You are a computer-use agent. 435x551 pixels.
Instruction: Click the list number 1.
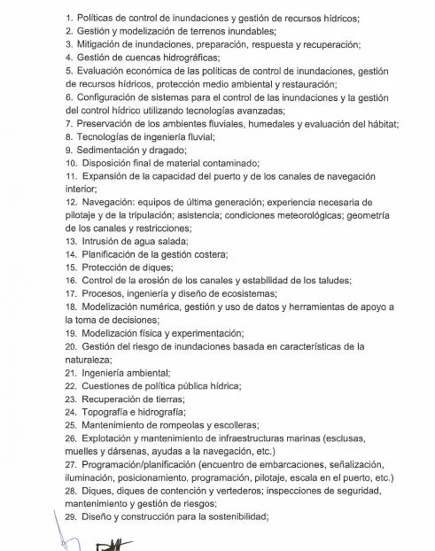[x=69, y=17]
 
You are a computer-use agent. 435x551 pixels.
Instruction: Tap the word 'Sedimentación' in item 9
[x=113, y=150]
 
